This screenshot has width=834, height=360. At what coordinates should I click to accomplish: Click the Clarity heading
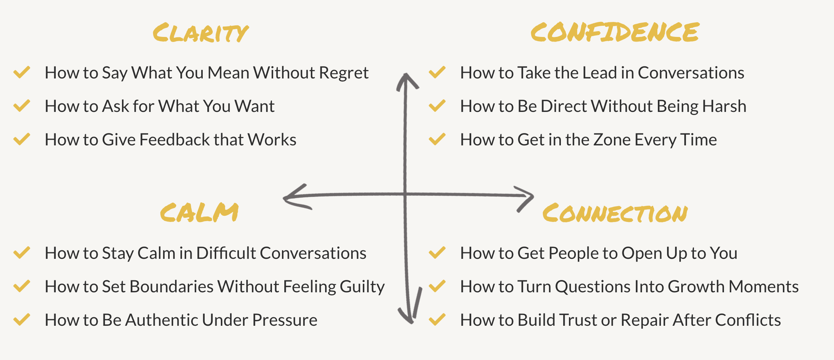[200, 33]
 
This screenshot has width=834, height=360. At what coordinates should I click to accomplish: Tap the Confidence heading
[614, 32]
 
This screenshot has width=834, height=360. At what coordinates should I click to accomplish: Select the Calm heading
[199, 212]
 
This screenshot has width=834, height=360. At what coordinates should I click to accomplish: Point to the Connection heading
[615, 213]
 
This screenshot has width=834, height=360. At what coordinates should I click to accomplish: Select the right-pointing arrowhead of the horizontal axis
[525, 197]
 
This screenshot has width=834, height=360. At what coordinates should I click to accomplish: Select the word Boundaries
[172, 287]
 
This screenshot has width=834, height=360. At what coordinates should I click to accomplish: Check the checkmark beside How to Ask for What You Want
[22, 106]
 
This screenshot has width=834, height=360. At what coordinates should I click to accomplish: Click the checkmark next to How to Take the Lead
[437, 72]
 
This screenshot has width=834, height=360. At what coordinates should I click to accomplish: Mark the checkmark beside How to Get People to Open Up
[437, 253]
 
